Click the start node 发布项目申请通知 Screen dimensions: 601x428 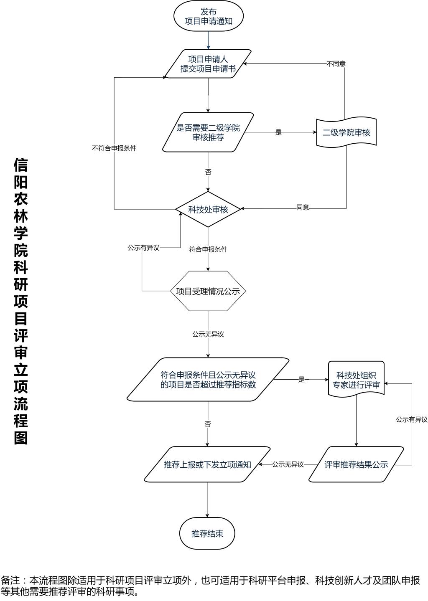pos(208,16)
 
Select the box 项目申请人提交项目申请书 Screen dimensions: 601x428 pos(208,64)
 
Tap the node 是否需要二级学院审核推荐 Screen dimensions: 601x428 pos(208,132)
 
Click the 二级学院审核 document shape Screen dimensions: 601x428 pos(346,133)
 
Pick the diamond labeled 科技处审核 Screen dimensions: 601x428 pos(208,209)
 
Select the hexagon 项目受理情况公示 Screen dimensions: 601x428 pos(208,291)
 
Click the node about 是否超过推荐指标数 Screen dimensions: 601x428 pos(208,380)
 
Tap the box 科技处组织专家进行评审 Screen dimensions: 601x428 pos(356,380)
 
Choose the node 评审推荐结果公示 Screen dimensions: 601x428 pos(356,464)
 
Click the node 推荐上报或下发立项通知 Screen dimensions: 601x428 pos(207,464)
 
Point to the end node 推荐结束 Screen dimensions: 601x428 pos(207,533)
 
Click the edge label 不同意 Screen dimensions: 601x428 pos(336,64)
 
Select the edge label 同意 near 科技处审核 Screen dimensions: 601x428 pos(303,208)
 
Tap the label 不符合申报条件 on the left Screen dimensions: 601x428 pos(114,148)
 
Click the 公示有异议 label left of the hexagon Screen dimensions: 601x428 pos(143,248)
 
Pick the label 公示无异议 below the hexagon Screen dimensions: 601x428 pos(208,335)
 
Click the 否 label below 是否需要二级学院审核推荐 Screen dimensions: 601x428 pos(208,172)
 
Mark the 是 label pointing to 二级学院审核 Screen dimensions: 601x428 pos(279,133)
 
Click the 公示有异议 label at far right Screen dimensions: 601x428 pos(412,420)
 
